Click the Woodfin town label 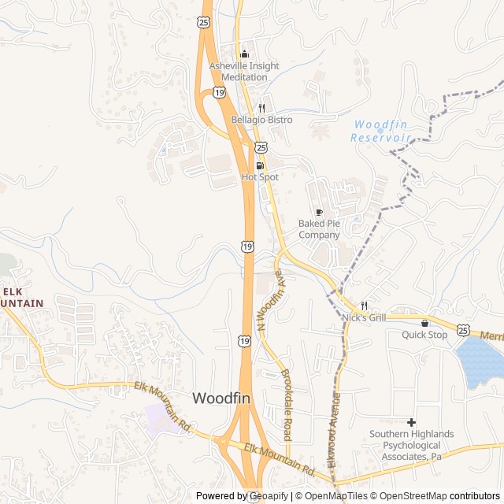221,398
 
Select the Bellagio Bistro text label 261,120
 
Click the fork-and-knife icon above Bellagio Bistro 261,108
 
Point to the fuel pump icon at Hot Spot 260,165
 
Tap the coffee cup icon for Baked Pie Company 319,212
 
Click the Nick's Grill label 364,317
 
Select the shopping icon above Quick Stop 424,323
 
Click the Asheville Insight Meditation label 244,72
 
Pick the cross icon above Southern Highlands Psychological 412,423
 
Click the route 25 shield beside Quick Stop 463,329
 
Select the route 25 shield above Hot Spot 261,146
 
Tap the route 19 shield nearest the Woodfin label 244,340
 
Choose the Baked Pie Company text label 319,229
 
